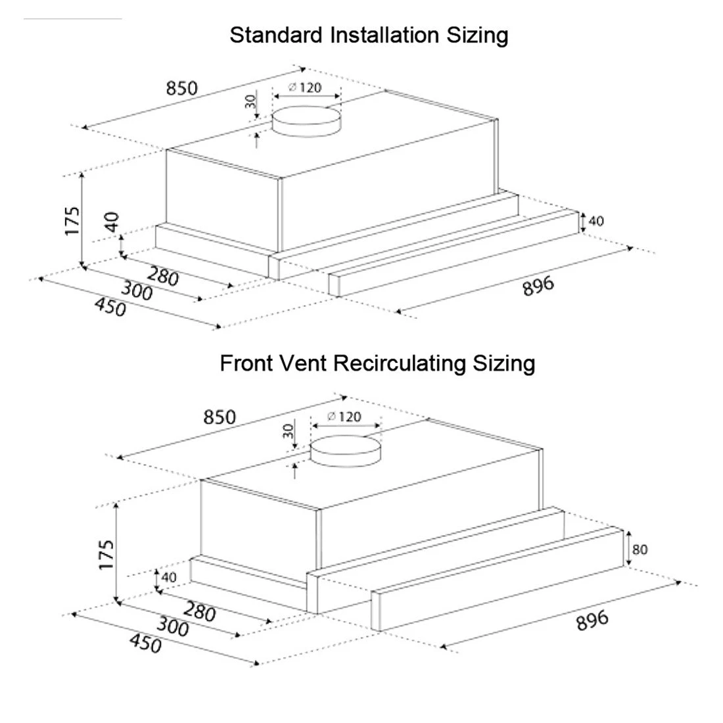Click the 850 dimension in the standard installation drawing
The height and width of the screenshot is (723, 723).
click(x=181, y=87)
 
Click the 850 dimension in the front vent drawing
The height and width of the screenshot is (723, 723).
click(x=219, y=417)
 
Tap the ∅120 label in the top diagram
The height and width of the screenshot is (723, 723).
click(x=306, y=87)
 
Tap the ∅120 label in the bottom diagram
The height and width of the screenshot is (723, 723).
click(x=344, y=416)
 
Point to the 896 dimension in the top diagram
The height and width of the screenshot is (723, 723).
click(x=538, y=285)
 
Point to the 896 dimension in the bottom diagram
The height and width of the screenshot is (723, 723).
click(x=592, y=620)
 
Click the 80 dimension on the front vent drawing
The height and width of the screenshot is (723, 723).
click(x=640, y=549)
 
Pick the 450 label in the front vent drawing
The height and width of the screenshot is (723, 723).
click(x=145, y=643)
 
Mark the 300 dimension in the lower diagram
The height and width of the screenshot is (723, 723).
click(x=173, y=628)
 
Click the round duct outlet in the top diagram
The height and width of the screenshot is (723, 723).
click(x=307, y=122)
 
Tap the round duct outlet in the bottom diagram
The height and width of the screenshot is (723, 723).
click(x=346, y=452)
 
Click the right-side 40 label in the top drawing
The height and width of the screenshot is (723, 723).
click(x=595, y=221)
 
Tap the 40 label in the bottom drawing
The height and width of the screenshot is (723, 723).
click(x=169, y=577)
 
